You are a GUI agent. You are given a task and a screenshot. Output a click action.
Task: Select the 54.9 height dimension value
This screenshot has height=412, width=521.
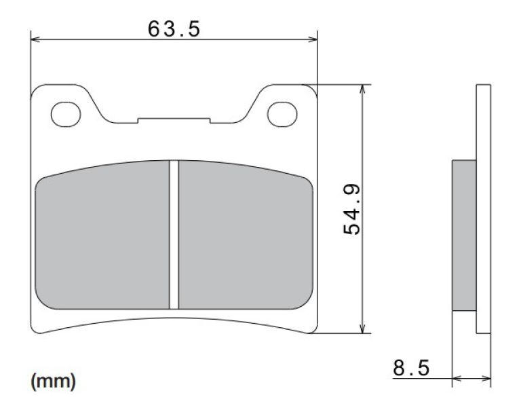click(x=353, y=209)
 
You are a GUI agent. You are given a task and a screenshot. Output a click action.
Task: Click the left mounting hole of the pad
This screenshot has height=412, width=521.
click(x=66, y=114)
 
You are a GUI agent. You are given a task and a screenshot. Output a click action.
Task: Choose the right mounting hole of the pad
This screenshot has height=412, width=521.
click(x=282, y=114)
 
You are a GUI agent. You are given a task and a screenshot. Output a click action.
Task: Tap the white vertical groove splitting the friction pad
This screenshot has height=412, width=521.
click(x=174, y=234)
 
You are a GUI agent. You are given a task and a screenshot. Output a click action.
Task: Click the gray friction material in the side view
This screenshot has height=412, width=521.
click(x=464, y=235)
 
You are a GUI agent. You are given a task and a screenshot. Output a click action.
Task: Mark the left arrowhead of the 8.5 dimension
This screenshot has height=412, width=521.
click(x=456, y=378)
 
